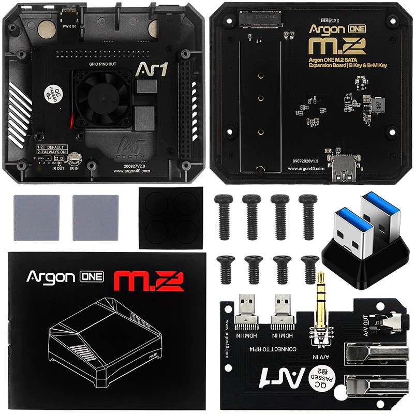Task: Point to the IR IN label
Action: point(75,168)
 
